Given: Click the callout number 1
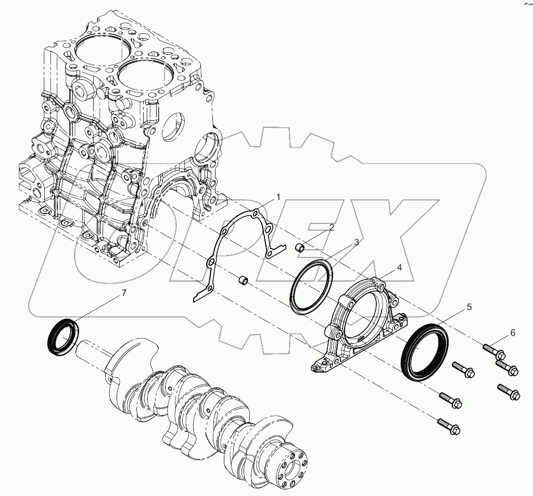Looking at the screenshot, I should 278,197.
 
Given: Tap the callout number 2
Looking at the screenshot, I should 331,227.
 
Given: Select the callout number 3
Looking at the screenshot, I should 357,242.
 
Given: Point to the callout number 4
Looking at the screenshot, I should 399,267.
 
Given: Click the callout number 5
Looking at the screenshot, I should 469,307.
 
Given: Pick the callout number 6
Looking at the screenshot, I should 513,332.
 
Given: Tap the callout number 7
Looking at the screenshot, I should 124,293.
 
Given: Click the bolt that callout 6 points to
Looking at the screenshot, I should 492,350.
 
